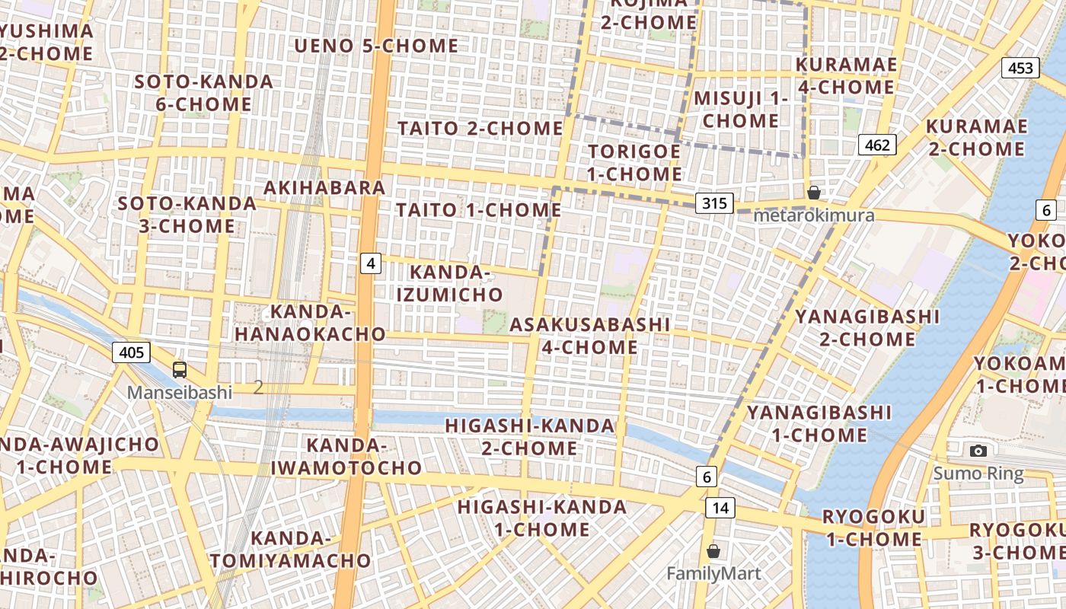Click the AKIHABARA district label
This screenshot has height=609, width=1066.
point(324,187)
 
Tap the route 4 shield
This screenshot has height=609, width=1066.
point(370,263)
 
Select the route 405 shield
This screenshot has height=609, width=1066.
point(131,352)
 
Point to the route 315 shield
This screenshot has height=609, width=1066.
point(714,203)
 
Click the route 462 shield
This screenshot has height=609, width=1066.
point(877,145)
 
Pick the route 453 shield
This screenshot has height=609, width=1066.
point(1020,68)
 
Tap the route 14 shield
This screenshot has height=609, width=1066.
point(720,508)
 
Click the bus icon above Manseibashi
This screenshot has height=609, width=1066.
point(180,370)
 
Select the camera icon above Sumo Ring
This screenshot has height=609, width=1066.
point(978,451)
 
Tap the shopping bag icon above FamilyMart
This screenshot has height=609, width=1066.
point(713,550)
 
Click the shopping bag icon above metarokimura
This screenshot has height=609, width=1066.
point(814,192)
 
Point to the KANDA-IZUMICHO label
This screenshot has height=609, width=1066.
point(456,283)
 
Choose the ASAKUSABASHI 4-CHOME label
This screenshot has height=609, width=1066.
point(590,336)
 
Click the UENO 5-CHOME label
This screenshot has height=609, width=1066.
point(376,46)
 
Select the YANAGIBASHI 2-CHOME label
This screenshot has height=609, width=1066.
point(867,327)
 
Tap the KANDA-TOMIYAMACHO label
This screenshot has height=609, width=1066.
point(290,550)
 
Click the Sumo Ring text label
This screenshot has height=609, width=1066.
point(978,473)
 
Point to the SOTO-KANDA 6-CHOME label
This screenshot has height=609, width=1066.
point(203,92)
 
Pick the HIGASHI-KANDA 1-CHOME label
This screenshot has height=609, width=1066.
point(541,518)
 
